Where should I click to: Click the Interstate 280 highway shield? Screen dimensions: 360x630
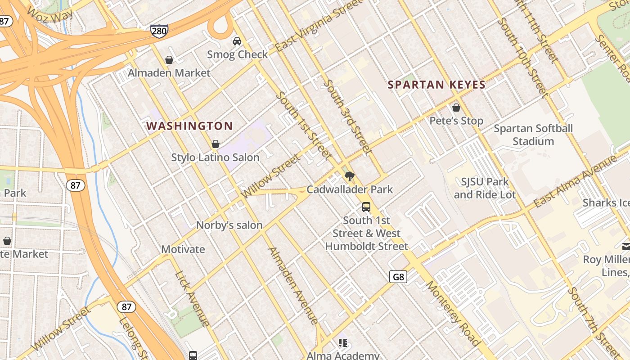pyautogui.click(x=159, y=31)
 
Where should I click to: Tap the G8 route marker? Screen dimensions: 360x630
pyautogui.click(x=398, y=277)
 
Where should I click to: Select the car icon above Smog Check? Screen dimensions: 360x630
pyautogui.click(x=237, y=41)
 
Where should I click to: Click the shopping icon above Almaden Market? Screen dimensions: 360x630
pyautogui.click(x=169, y=60)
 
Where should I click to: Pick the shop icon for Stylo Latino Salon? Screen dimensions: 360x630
pyautogui.click(x=216, y=144)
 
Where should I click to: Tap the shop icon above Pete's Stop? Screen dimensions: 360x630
pyautogui.click(x=456, y=108)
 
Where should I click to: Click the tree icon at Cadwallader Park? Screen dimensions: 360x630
pyautogui.click(x=349, y=176)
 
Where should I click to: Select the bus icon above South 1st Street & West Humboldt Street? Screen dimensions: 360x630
pyautogui.click(x=366, y=207)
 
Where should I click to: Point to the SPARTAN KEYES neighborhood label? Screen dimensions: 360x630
pyautogui.click(x=436, y=85)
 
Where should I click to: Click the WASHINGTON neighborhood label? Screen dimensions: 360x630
pyautogui.click(x=189, y=126)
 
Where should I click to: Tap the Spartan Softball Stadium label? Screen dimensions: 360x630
pyautogui.click(x=533, y=135)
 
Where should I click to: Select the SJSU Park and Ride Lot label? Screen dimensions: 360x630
pyautogui.click(x=485, y=188)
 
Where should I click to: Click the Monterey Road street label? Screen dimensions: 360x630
pyautogui.click(x=453, y=313)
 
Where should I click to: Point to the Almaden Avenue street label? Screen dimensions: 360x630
pyautogui.click(x=293, y=286)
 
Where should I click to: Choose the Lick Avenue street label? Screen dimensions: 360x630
pyautogui.click(x=192, y=298)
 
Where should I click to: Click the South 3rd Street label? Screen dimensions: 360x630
pyautogui.click(x=348, y=117)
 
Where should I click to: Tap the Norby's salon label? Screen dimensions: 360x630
pyautogui.click(x=229, y=225)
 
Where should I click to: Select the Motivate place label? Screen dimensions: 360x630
pyautogui.click(x=183, y=249)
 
